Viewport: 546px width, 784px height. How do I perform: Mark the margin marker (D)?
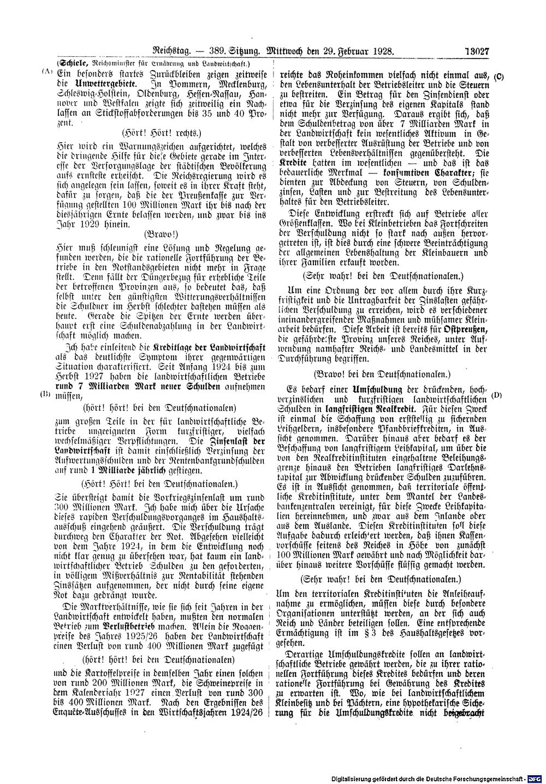[496, 394]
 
